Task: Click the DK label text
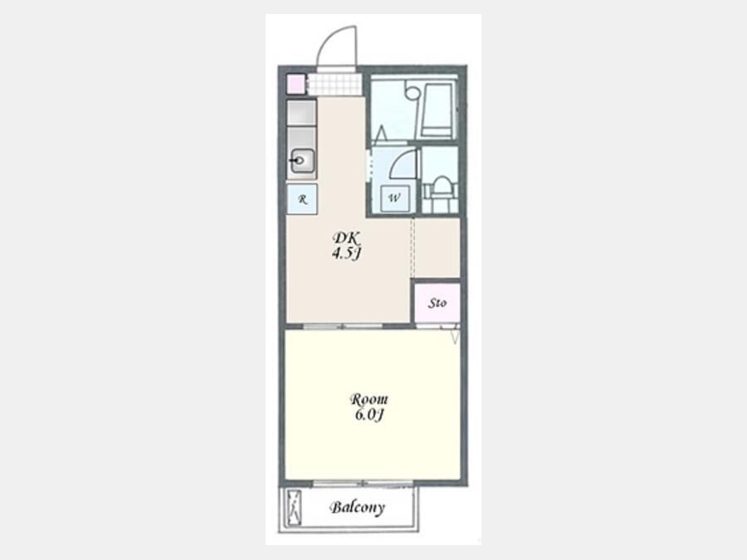click(347, 237)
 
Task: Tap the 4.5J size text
click(346, 253)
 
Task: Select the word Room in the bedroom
click(369, 399)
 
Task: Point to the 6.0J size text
click(369, 415)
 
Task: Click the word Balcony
click(357, 507)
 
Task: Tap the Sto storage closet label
click(437, 303)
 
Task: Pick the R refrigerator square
click(302, 199)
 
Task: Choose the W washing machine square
click(394, 198)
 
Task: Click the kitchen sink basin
click(302, 160)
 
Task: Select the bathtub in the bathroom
click(436, 111)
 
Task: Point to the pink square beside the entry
click(295, 85)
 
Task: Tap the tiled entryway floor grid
click(335, 85)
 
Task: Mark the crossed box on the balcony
click(295, 508)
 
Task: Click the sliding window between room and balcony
click(363, 484)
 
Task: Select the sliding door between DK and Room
click(343, 326)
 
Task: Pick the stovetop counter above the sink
click(301, 113)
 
